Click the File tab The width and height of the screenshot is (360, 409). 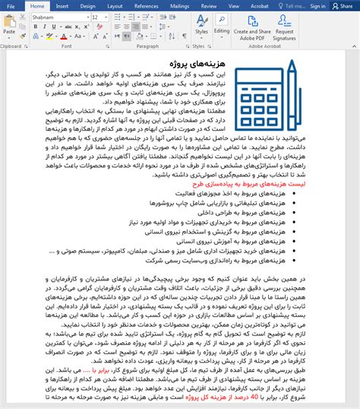[x=11, y=5]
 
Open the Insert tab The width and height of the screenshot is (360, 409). [x=62, y=5]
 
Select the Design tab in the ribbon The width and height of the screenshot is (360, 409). [x=87, y=5]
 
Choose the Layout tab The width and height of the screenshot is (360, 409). [x=115, y=5]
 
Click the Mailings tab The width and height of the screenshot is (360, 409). [x=180, y=5]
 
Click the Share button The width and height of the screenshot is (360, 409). [x=346, y=5]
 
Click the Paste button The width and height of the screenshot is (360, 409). [x=9, y=27]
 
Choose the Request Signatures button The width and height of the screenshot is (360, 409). [x=286, y=29]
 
